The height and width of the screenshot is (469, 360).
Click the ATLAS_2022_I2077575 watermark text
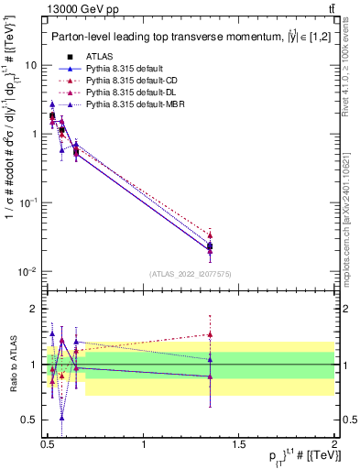coord(190,274)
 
